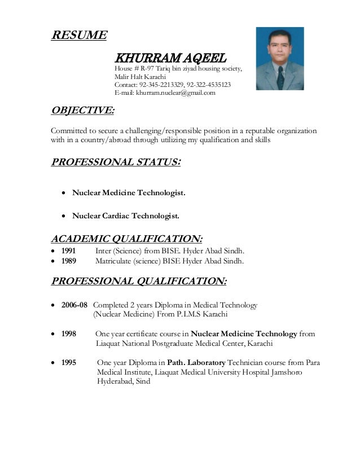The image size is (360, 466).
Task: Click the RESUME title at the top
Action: pos(78,36)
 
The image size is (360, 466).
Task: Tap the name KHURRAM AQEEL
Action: pos(170,58)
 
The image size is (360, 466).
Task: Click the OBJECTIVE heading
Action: pos(82,109)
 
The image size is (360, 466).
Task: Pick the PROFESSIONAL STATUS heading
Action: pos(116,163)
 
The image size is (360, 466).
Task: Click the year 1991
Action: pos(69,251)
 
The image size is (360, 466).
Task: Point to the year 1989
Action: pos(69,261)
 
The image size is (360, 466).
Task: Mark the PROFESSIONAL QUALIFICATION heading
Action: pos(139,281)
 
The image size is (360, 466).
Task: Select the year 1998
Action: pos(69,334)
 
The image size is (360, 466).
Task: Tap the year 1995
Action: pos(69,363)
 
